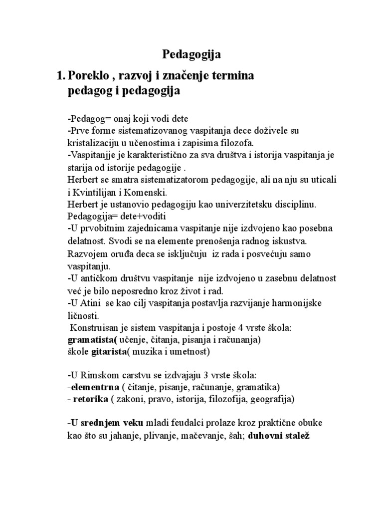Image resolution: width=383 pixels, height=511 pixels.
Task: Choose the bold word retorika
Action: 90,400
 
